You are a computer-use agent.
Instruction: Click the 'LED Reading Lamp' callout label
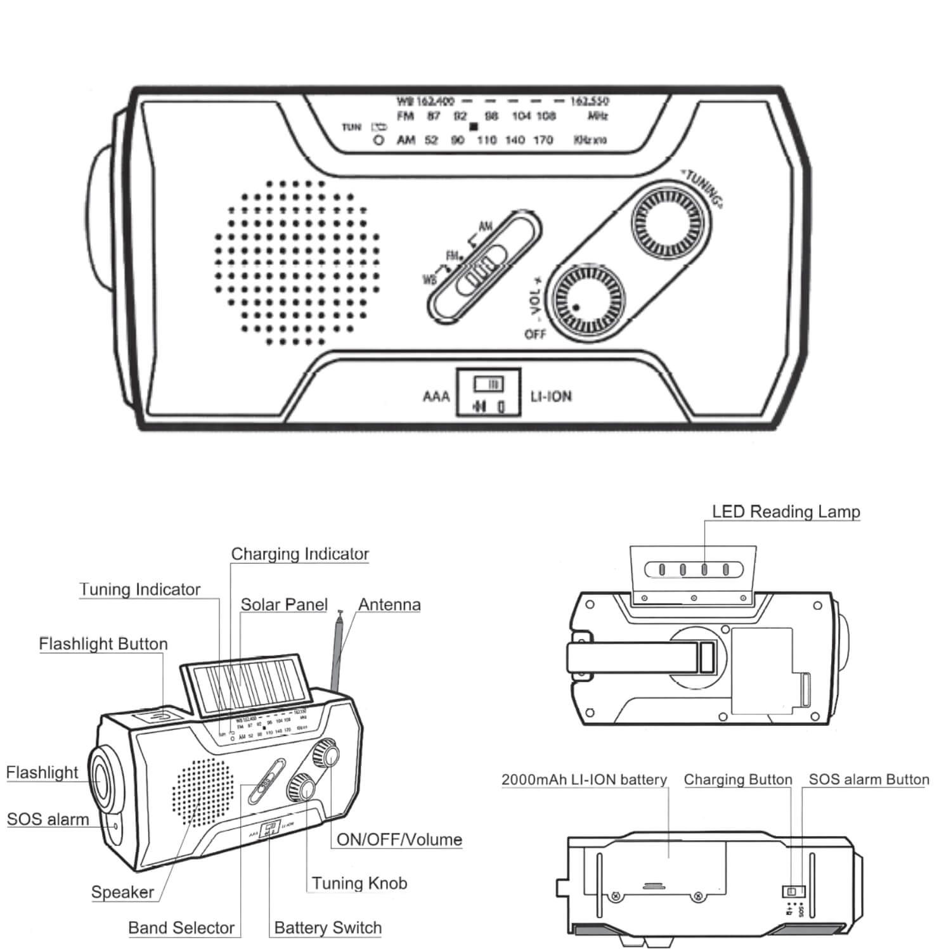[786, 512]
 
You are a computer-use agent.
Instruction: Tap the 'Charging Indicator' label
[299, 553]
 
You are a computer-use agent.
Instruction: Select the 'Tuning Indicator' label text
[139, 589]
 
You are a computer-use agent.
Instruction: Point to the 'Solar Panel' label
[283, 604]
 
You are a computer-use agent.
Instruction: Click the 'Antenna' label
[389, 604]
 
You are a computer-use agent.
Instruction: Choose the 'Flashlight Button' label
[103, 644]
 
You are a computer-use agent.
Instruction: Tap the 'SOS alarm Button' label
[869, 779]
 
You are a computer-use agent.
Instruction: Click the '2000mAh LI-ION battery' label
[584, 779]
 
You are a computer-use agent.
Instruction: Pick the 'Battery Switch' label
[328, 928]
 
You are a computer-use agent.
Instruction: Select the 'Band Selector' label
[181, 928]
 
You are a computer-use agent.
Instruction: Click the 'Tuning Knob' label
[359, 883]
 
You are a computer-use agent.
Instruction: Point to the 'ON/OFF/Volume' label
[399, 839]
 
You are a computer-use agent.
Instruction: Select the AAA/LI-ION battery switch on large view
[488, 392]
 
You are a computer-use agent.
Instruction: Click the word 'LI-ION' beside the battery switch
[550, 397]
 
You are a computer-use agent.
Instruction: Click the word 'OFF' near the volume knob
[534, 333]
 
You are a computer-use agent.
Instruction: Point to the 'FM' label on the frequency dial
[405, 116]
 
